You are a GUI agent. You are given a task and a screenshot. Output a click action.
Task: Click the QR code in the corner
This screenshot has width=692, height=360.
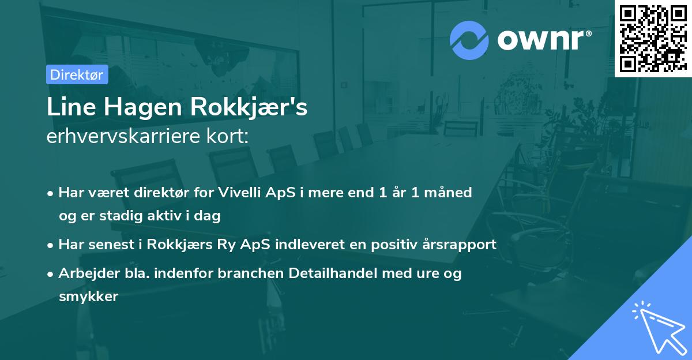point(653,38)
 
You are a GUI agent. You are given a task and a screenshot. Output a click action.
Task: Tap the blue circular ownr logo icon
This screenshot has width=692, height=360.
point(468,40)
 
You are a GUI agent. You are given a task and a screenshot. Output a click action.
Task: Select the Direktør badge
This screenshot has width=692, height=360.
point(77,74)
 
